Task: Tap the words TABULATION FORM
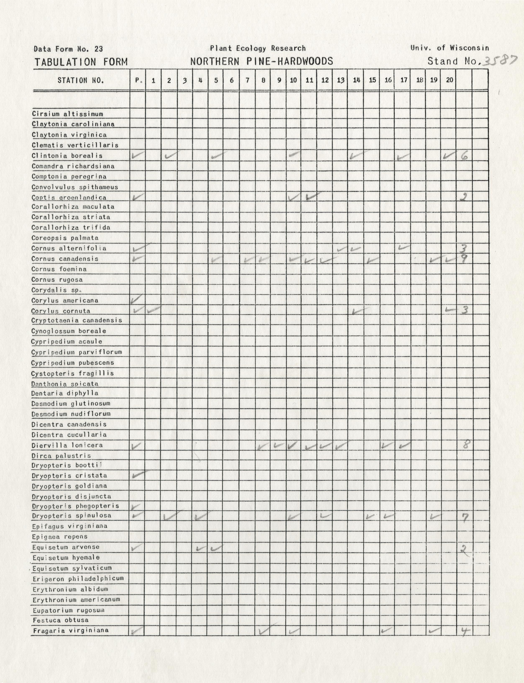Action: (x=81, y=62)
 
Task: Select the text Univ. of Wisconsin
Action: (x=450, y=48)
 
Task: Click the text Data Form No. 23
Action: (x=68, y=49)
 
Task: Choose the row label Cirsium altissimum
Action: (x=67, y=114)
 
